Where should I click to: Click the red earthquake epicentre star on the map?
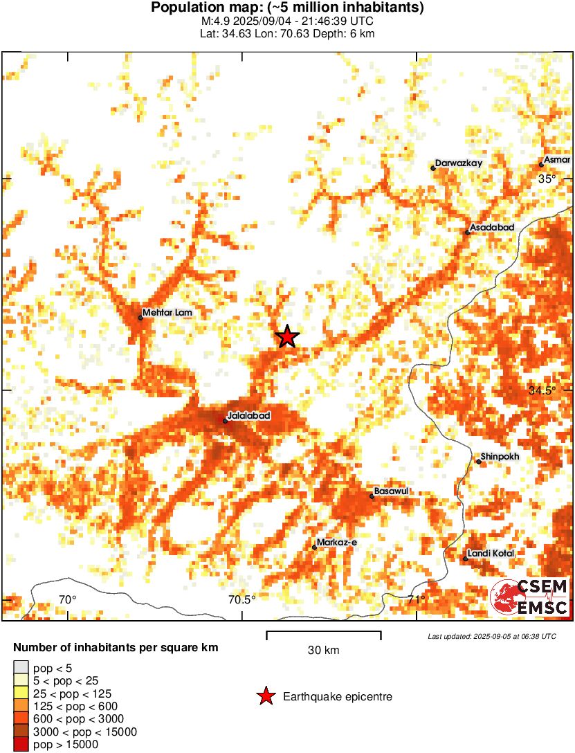tap(287, 337)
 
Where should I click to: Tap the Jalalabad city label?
tap(248, 415)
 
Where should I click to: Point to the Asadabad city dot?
tap(468, 233)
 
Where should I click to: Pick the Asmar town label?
tap(557, 160)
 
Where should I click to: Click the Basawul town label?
tap(392, 491)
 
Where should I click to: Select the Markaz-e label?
tap(336, 543)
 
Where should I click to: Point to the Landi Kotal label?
tap(491, 554)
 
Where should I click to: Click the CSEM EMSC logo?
tap(530, 598)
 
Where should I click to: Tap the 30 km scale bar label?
tap(323, 651)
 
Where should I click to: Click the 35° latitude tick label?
tap(547, 179)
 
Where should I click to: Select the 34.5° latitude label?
tap(542, 390)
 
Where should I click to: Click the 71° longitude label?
tap(417, 599)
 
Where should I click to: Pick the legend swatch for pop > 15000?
tap(21, 745)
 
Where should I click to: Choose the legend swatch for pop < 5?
tap(21, 667)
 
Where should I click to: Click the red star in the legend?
tap(266, 697)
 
